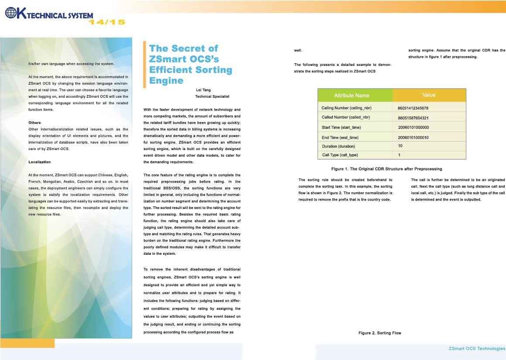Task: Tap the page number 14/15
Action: pos(107,22)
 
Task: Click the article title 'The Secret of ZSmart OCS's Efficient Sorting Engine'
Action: pos(190,64)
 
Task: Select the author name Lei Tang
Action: pos(203,90)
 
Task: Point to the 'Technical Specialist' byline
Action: pos(212,96)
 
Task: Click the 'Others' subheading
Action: pos(34,123)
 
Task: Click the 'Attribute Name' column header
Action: pos(352,95)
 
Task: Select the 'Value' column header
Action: pos(429,95)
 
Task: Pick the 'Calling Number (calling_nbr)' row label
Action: pos(346,107)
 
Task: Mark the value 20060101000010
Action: pos(414,137)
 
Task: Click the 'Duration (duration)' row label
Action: pos(338,146)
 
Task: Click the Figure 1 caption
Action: pos(386,168)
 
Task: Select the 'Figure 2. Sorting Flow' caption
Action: pos(379,333)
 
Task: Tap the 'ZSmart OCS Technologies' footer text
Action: pos(477,348)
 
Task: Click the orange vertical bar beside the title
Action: pos(145,64)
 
